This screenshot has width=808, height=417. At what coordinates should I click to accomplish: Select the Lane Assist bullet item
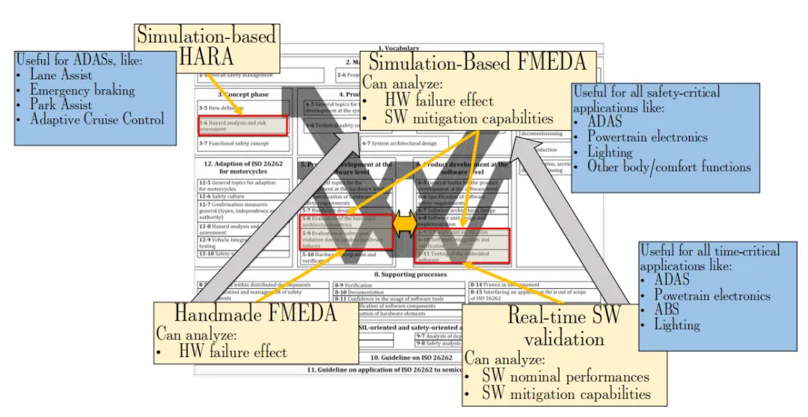pyautogui.click(x=61, y=75)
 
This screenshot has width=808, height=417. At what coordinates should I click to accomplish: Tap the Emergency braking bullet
pyautogui.click(x=82, y=91)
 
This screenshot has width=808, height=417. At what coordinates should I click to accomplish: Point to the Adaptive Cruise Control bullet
pyautogui.click(x=97, y=119)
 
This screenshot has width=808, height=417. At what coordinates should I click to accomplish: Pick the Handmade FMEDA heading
pyautogui.click(x=254, y=313)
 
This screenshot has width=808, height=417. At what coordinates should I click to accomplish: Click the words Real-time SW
pyautogui.click(x=564, y=315)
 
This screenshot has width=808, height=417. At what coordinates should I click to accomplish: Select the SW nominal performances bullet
pyautogui.click(x=565, y=377)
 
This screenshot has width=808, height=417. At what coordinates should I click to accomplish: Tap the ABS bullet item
pyautogui.click(x=667, y=311)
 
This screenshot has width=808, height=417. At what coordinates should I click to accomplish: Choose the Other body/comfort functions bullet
pyautogui.click(x=669, y=166)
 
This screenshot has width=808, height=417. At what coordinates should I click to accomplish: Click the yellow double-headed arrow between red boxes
pyautogui.click(x=404, y=222)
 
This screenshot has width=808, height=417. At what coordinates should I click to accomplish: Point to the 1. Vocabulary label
pyautogui.click(x=400, y=49)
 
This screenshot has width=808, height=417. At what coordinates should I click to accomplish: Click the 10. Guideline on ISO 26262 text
pyautogui.click(x=399, y=359)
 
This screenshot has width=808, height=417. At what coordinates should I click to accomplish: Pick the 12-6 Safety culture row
pyautogui.click(x=221, y=197)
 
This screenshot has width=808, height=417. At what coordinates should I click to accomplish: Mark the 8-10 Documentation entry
pyautogui.click(x=368, y=292)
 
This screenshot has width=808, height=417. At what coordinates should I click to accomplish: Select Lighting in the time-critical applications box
pyautogui.click(x=677, y=325)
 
